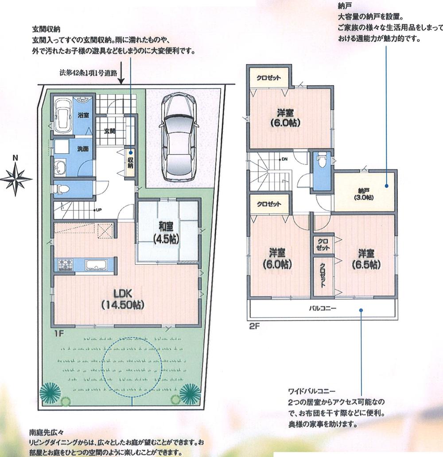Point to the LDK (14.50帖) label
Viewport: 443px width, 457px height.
point(124,299)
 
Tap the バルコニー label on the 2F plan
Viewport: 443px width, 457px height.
point(322,308)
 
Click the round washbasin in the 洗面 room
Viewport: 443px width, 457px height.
point(60,168)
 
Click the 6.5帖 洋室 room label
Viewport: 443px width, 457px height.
point(368,259)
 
